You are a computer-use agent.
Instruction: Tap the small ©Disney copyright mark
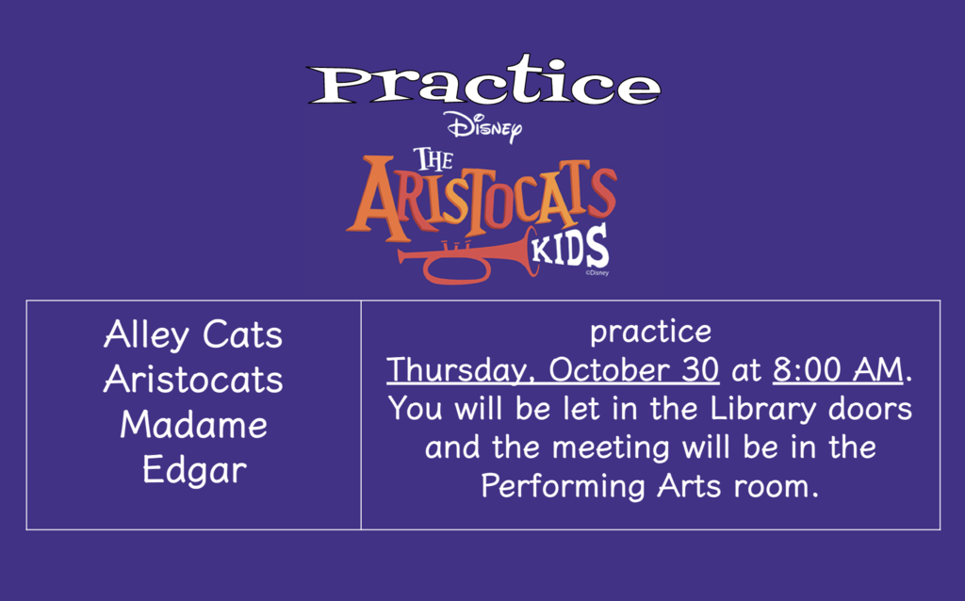597,274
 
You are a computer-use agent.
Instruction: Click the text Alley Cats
193,334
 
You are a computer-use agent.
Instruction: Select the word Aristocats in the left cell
193,380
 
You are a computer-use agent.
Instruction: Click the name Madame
193,425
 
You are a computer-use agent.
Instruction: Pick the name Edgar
193,470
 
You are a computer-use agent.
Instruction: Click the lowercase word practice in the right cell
650,333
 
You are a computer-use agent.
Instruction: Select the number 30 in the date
697,369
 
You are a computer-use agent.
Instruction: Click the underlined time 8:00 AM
838,369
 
